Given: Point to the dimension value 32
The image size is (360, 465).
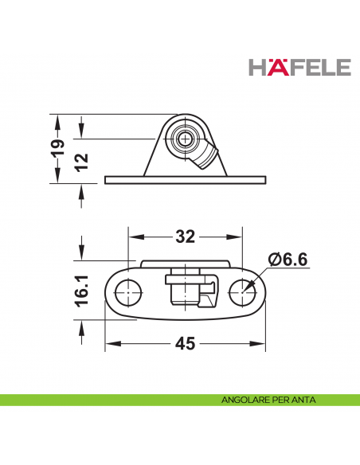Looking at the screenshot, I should coord(185,237).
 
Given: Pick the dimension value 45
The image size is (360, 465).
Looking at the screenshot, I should coord(185,344).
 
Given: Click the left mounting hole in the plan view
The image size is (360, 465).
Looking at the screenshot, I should coord(127,293).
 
